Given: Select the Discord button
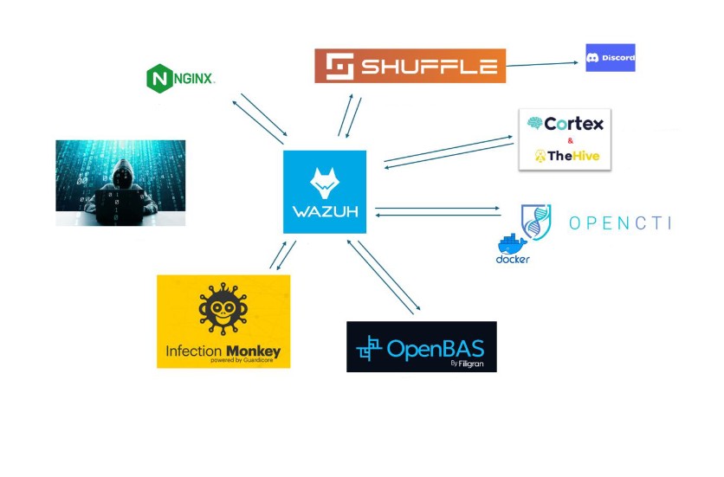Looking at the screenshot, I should tap(611, 58).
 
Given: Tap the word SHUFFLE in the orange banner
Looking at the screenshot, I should tap(430, 67).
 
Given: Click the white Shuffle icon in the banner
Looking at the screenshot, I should tap(339, 67).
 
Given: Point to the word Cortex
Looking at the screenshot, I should tap(574, 124).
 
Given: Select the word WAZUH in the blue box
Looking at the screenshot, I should tap(325, 210).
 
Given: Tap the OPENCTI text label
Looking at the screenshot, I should tap(620, 223).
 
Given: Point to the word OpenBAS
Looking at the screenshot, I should tap(436, 349).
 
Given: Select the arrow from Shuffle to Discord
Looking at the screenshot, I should tap(542, 63).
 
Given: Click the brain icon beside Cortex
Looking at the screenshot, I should tap(536, 124).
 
